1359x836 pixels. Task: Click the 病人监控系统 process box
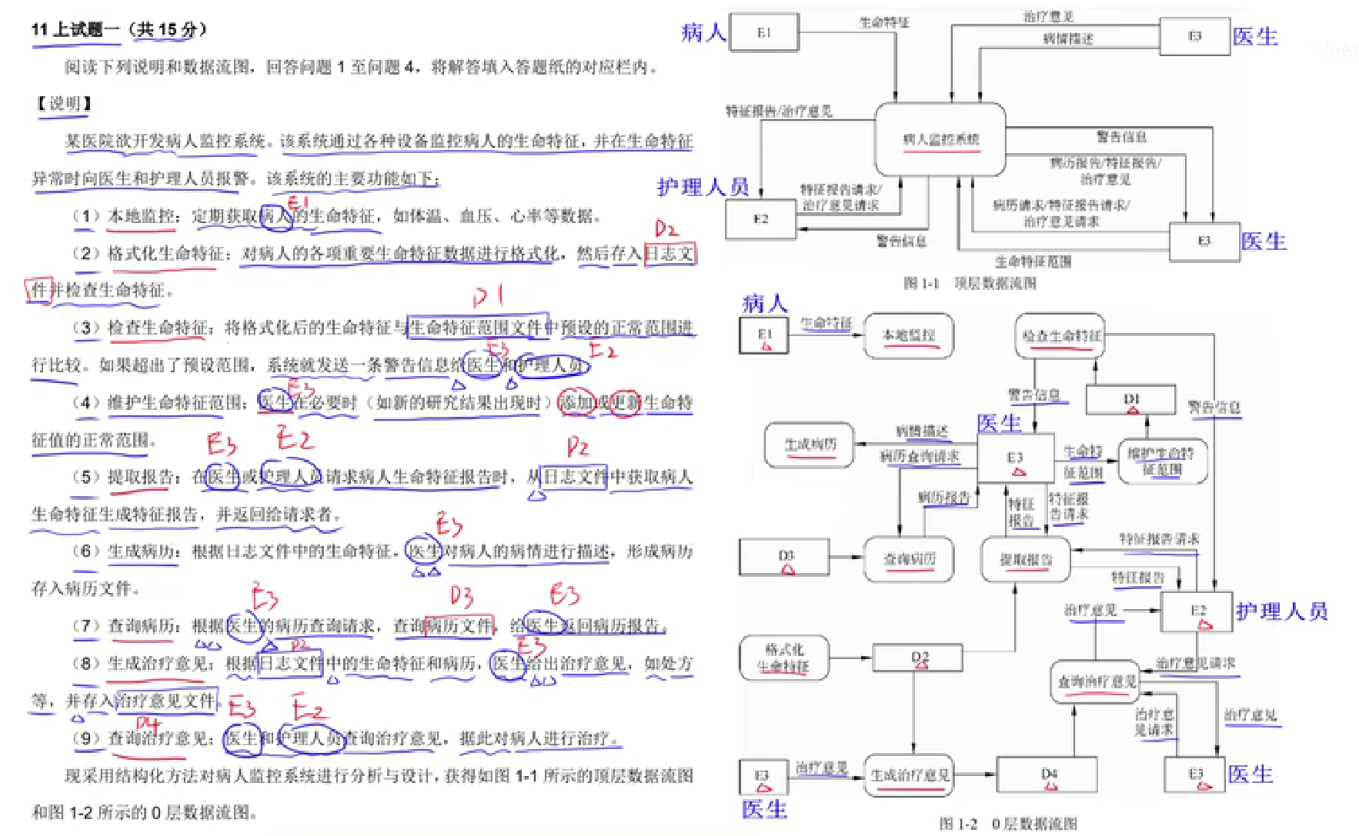coord(940,139)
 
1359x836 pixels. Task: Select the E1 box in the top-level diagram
coord(764,33)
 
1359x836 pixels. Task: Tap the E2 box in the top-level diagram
coord(760,219)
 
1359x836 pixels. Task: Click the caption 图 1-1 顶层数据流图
coord(970,283)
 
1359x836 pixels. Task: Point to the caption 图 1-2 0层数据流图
coord(1008,824)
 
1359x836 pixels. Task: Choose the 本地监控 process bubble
coord(908,335)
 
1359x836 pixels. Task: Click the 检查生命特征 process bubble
coord(1060,335)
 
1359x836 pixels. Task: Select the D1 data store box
coord(1130,399)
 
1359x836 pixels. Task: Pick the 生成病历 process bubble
coord(810,445)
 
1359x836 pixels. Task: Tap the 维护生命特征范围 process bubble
coord(1162,461)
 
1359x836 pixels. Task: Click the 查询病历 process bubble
coord(909,559)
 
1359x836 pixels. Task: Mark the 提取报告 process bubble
coord(1026,559)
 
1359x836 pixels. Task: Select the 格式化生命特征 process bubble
coord(784,658)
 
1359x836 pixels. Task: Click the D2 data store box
coord(918,658)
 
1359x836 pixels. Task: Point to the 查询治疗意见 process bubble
coord(1097,681)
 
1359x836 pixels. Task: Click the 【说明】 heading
coord(65,103)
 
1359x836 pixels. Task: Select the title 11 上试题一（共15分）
coord(119,30)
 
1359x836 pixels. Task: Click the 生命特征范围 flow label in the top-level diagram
coord(1033,261)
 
